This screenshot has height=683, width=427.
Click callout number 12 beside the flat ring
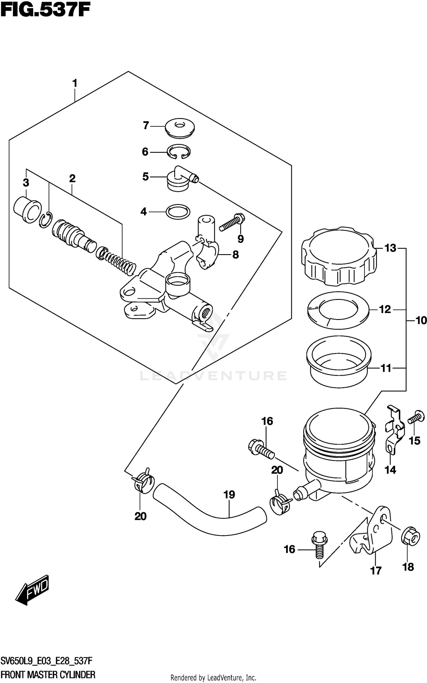(x=385, y=309)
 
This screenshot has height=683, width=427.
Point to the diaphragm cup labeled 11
(x=339, y=361)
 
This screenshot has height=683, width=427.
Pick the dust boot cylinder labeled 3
(x=27, y=209)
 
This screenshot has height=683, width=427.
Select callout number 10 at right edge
(x=421, y=321)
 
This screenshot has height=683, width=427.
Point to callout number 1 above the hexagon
(x=75, y=83)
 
